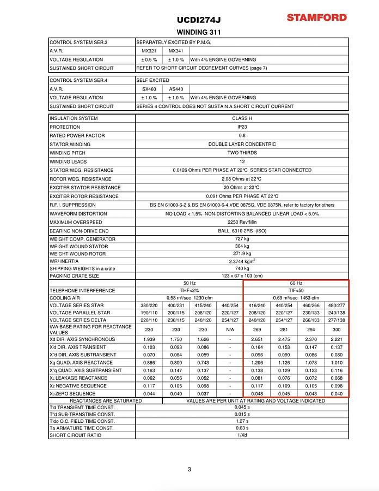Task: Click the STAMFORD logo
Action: pyautogui.click(x=317, y=17)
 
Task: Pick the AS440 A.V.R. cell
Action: pyautogui.click(x=176, y=89)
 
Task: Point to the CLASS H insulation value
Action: pyautogui.click(x=242, y=118)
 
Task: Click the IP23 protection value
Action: pyautogui.click(x=242, y=127)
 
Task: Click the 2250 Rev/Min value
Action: pyautogui.click(x=242, y=222)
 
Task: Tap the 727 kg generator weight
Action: pyautogui.click(x=242, y=239)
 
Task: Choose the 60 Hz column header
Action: pyautogui.click(x=296, y=283)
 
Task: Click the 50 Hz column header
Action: pyautogui.click(x=189, y=283)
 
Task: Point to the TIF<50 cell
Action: pyautogui.click(x=296, y=291)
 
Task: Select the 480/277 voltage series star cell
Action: pyautogui.click(x=336, y=306)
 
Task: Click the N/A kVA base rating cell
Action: pyautogui.click(x=230, y=330)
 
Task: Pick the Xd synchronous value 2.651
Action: pyautogui.click(x=256, y=339)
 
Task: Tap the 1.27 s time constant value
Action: pyautogui.click(x=242, y=421)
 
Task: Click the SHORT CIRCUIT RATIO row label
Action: pyautogui.click(x=75, y=435)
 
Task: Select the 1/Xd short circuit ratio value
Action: pyautogui.click(x=242, y=435)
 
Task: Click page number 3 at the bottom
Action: pyautogui.click(x=189, y=469)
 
